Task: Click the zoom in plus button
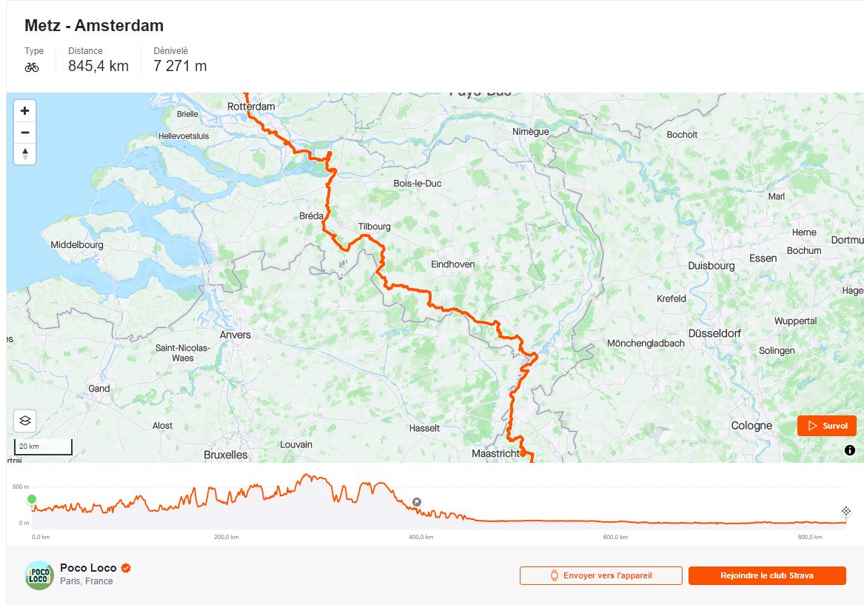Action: tap(25, 111)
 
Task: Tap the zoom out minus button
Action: tap(25, 133)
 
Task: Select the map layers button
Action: tap(25, 421)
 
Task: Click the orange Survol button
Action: tap(826, 426)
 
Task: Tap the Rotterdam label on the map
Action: tap(251, 107)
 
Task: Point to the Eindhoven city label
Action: tap(452, 264)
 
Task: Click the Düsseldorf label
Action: tap(714, 334)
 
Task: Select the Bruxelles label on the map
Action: tap(226, 455)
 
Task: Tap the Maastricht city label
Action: tap(496, 453)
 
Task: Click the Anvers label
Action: tap(235, 335)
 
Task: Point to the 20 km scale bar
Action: tap(43, 447)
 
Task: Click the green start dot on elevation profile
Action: tap(32, 499)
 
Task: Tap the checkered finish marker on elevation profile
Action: tap(845, 511)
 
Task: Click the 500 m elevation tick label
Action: tap(21, 487)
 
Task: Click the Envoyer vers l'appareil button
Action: tap(600, 575)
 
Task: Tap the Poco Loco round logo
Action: tap(39, 575)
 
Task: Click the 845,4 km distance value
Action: tap(98, 67)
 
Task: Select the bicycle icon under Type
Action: tap(32, 67)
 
